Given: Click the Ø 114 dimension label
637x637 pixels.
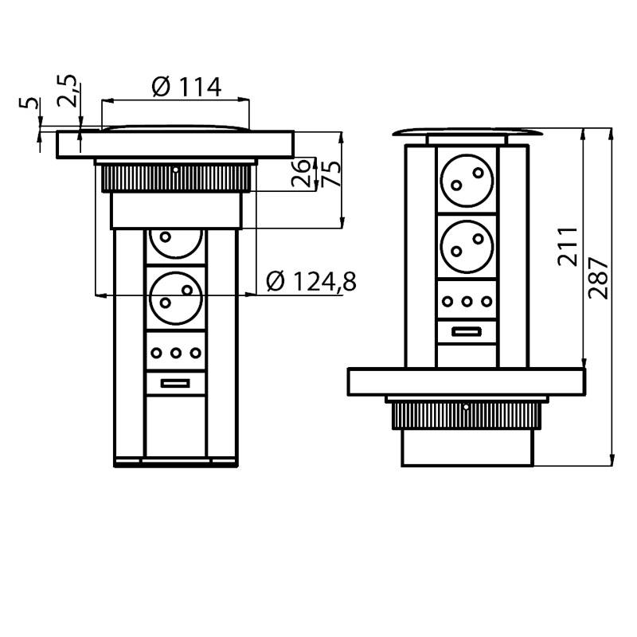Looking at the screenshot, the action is pyautogui.click(x=186, y=87).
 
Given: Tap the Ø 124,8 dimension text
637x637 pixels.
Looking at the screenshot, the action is pyautogui.click(x=311, y=282).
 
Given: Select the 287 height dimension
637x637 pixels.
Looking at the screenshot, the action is pyautogui.click(x=599, y=278).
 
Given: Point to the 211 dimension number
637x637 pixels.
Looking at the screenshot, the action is pyautogui.click(x=568, y=247).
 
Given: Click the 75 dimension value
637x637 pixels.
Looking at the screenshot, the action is pyautogui.click(x=331, y=174).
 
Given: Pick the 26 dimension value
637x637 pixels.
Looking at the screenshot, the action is pyautogui.click(x=302, y=173).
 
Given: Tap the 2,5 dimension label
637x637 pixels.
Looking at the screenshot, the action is pyautogui.click(x=67, y=91).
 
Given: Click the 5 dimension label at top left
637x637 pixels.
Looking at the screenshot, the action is pyautogui.click(x=29, y=103).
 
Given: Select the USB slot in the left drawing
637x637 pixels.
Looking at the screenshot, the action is pyautogui.click(x=175, y=383).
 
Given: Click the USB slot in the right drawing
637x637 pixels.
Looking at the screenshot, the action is pyautogui.click(x=467, y=331).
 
